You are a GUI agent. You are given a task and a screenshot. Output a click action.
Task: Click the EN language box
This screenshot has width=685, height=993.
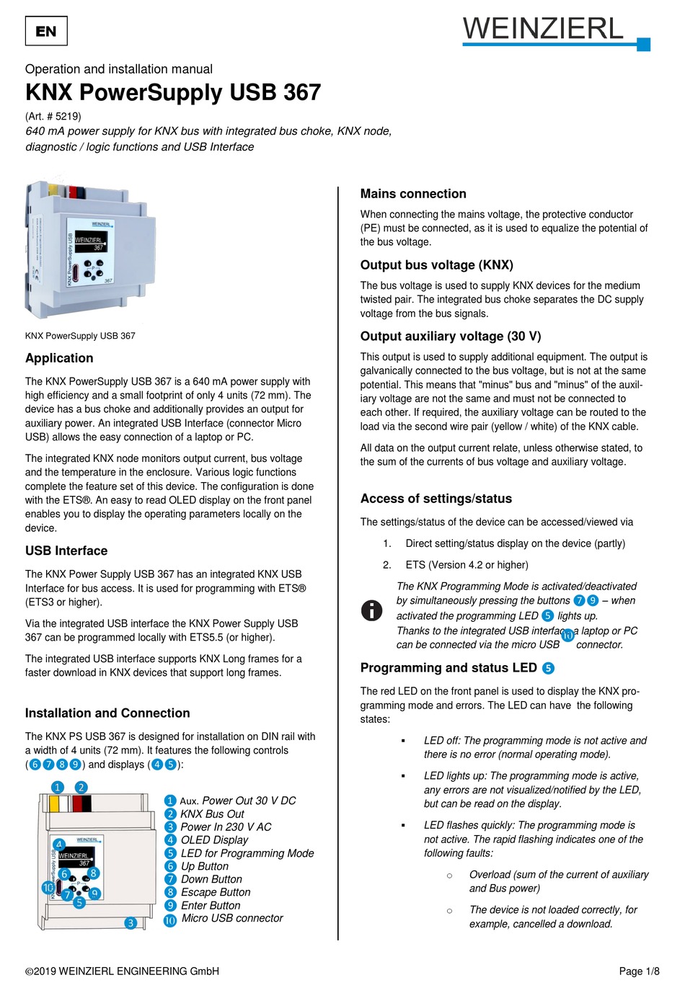[46, 31]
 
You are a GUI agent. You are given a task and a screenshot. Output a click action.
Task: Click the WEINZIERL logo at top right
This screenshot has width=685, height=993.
[543, 29]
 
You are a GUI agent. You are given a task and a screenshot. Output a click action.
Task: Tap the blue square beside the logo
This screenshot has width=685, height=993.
[644, 45]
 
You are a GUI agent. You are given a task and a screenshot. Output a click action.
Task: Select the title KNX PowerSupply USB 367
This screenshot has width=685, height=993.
[173, 92]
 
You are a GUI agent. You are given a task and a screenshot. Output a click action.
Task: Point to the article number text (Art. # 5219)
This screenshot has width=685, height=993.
[53, 116]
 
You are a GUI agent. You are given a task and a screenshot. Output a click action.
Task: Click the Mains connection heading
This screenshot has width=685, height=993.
[413, 194]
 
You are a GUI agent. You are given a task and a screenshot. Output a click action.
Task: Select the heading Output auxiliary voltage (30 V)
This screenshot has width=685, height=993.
[451, 337]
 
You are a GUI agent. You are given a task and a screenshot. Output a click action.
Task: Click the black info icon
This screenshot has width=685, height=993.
[371, 610]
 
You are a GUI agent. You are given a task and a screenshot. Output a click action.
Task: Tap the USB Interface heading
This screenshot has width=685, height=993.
[66, 551]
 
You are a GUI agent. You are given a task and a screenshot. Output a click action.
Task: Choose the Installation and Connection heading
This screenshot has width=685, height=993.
[107, 713]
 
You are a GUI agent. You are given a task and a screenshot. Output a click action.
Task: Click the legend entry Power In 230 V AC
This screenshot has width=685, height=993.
[225, 827]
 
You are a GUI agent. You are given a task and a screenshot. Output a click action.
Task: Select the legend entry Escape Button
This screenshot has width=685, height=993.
[215, 892]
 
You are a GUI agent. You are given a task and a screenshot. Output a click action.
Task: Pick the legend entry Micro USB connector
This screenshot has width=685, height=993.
[231, 918]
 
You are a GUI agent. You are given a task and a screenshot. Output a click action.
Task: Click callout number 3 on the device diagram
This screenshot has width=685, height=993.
[131, 922]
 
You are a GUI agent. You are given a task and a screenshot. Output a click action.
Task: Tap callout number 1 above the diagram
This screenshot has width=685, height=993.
[58, 787]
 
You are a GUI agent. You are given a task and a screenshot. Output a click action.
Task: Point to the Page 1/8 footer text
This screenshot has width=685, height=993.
[639, 971]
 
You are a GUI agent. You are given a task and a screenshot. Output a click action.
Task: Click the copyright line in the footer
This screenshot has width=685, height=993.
[122, 971]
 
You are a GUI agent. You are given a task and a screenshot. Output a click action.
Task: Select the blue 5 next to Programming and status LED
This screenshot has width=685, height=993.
[548, 668]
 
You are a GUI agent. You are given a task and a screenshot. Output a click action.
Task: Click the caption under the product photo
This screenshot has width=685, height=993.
[80, 336]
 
